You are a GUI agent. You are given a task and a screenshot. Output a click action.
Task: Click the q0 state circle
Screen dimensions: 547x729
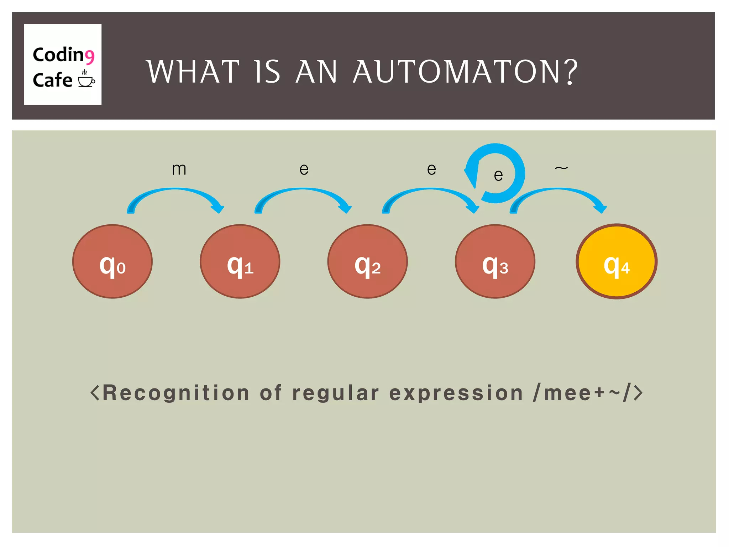[x=112, y=261]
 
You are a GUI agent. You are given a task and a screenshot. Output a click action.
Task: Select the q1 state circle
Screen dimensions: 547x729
[x=240, y=261]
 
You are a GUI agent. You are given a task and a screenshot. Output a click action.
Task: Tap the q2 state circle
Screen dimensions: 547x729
[x=367, y=261]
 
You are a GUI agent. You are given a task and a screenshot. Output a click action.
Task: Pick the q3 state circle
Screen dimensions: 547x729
[x=495, y=261]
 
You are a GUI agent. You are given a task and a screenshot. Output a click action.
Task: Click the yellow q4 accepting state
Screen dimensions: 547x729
[x=617, y=261]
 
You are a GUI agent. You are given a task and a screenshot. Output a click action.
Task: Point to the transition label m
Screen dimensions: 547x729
[x=179, y=169]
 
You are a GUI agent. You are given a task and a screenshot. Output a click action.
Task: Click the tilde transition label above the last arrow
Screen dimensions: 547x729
[x=561, y=168]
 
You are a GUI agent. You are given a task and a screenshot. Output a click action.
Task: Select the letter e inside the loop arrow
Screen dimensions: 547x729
[x=498, y=175]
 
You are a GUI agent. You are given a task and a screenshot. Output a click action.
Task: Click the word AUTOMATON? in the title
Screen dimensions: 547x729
[x=465, y=72]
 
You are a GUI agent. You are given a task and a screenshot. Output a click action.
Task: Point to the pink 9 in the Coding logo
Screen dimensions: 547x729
[x=89, y=57]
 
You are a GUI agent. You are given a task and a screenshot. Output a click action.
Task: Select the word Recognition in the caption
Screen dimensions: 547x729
[x=176, y=393]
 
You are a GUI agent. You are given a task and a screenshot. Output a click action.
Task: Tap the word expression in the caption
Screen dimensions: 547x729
[x=456, y=393]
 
